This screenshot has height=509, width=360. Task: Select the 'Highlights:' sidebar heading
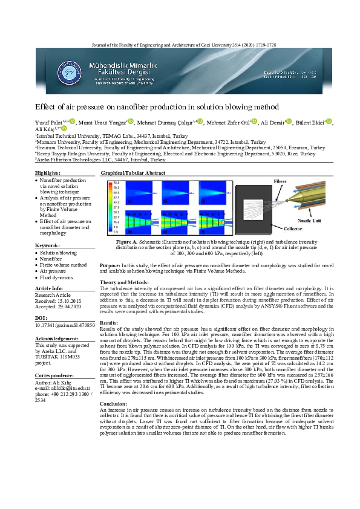pos(49,173)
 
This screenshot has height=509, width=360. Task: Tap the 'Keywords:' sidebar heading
pos(48,245)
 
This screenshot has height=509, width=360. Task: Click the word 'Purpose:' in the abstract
pos(110,264)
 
